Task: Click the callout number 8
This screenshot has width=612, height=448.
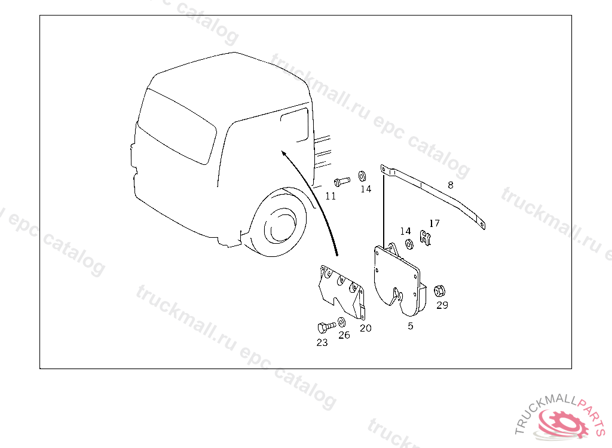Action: [x=451, y=185]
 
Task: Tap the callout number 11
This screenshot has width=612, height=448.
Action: [x=331, y=197]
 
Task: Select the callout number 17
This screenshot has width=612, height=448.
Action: [x=434, y=223]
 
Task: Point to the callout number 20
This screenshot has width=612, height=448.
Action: [x=366, y=328]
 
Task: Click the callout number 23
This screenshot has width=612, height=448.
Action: [x=322, y=343]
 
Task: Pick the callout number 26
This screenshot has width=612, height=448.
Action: [x=344, y=335]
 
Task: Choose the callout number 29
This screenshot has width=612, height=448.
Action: [x=442, y=305]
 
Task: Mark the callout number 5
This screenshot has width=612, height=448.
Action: [x=410, y=326]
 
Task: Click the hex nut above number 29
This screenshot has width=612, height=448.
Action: [x=439, y=291]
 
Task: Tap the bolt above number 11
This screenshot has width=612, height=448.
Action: [x=342, y=182]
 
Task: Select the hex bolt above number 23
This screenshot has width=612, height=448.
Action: [x=326, y=327]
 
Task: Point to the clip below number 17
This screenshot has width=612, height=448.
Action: [x=426, y=238]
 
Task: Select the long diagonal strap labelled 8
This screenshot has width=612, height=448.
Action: [x=433, y=195]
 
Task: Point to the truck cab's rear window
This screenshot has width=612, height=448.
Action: [x=177, y=127]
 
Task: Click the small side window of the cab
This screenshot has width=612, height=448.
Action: [x=295, y=125]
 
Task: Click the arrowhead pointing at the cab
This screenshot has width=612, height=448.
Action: [x=284, y=154]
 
